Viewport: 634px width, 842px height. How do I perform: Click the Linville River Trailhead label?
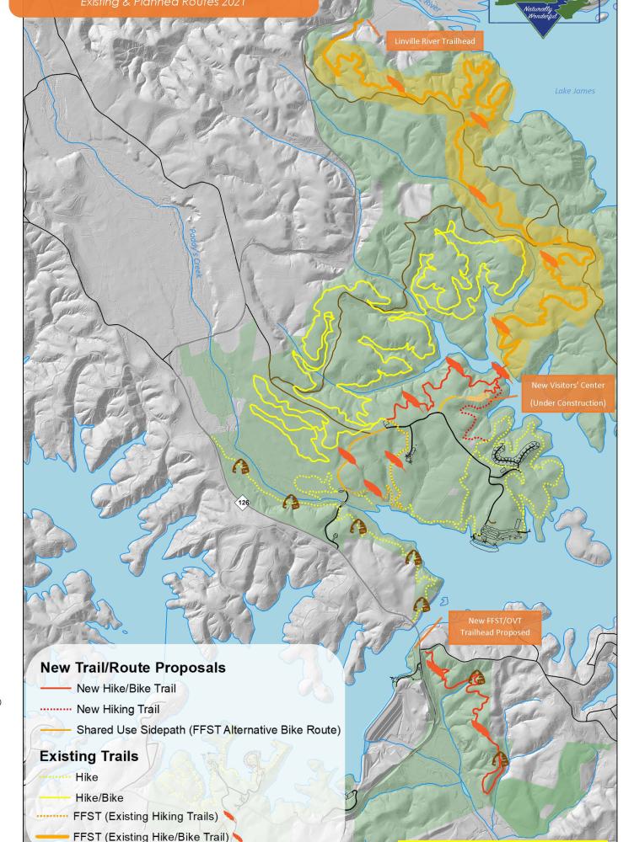434,40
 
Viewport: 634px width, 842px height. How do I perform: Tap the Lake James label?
574,91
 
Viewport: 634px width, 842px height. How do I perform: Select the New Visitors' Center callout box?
567,393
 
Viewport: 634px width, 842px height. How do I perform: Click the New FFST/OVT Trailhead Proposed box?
499,626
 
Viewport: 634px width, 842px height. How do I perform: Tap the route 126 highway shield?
243,503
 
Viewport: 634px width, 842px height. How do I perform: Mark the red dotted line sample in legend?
55,710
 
